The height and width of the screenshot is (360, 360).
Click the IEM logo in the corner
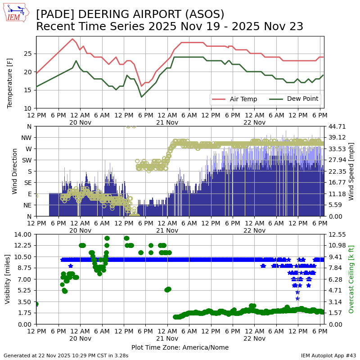click(x=16, y=13)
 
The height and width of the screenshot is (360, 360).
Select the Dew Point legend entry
click(x=302, y=99)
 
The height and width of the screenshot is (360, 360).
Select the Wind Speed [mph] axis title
click(x=351, y=171)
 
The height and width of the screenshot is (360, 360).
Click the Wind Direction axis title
click(x=14, y=171)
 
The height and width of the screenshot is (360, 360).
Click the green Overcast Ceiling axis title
click(x=351, y=279)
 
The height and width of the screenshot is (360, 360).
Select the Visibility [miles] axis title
click(x=8, y=279)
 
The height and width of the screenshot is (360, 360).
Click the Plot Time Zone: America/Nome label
click(x=180, y=347)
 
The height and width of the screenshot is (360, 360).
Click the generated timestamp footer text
click(x=66, y=355)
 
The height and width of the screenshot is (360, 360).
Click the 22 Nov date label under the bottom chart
click(x=254, y=338)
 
